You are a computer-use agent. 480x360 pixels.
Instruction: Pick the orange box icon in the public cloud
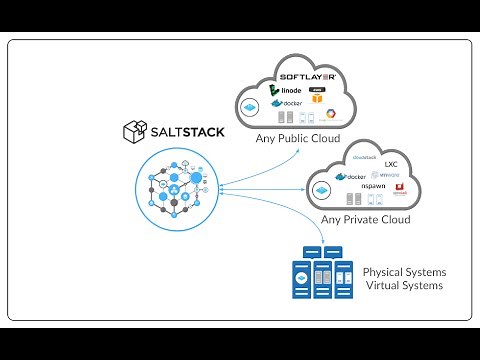(x=315, y=98)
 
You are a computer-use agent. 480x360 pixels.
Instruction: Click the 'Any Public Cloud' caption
(x=297, y=138)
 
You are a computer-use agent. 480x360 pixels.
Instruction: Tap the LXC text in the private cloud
(x=391, y=163)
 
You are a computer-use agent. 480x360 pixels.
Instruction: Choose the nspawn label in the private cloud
(x=373, y=187)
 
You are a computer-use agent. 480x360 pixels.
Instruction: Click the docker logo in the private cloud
(x=355, y=176)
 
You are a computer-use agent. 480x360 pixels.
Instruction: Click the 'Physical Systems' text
(x=404, y=272)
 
